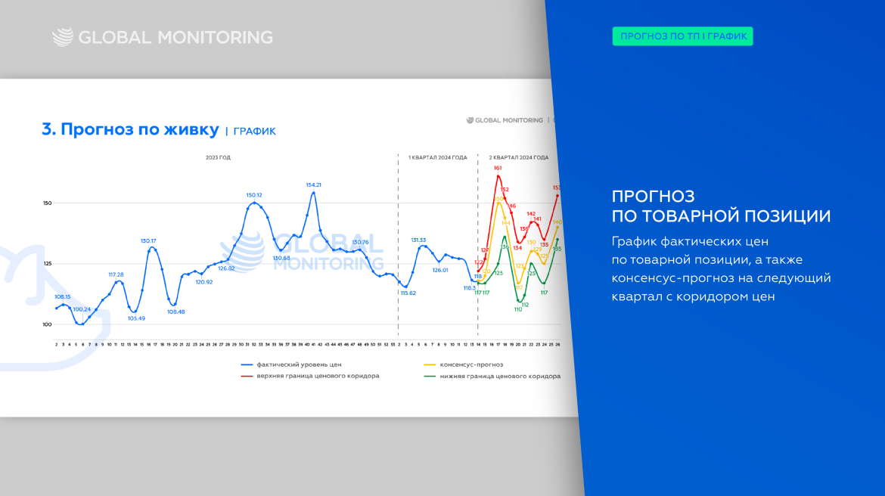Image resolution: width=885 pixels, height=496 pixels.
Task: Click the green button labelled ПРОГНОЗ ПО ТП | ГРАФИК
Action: tap(682, 36)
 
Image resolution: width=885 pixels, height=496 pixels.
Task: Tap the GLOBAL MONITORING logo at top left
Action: tap(162, 37)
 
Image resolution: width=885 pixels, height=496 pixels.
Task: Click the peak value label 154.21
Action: tap(313, 184)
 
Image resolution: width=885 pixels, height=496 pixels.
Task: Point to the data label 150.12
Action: tap(253, 195)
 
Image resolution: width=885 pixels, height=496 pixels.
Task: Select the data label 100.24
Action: tap(82, 309)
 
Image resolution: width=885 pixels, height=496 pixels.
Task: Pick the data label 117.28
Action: tap(116, 274)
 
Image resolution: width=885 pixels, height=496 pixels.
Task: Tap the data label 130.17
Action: tap(149, 241)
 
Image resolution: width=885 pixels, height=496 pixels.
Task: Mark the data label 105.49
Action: tap(136, 318)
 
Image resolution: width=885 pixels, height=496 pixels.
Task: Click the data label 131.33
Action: tap(418, 240)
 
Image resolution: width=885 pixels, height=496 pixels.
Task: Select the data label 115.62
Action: tap(408, 293)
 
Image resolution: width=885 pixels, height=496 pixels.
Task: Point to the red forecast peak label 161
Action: tap(498, 168)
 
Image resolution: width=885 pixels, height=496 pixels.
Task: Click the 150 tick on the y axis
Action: tap(48, 203)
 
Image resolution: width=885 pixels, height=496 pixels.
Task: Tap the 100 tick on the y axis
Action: tap(48, 324)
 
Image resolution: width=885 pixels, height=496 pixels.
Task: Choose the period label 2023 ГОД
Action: tap(218, 157)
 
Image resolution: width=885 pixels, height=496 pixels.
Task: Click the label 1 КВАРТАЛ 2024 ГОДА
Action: tap(437, 157)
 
